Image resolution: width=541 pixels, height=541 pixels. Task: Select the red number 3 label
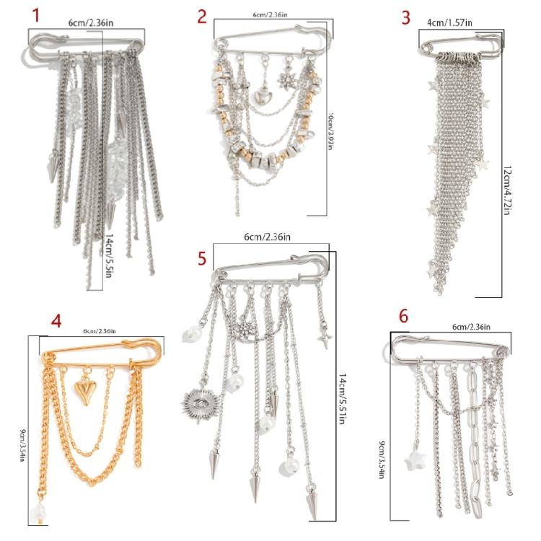(405, 17)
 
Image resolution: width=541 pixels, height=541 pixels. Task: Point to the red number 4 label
(56, 320)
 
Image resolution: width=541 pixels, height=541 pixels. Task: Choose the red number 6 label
(403, 316)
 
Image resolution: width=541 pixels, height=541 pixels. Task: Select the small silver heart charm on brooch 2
(261, 94)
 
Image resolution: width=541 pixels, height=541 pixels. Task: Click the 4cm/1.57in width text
(450, 23)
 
